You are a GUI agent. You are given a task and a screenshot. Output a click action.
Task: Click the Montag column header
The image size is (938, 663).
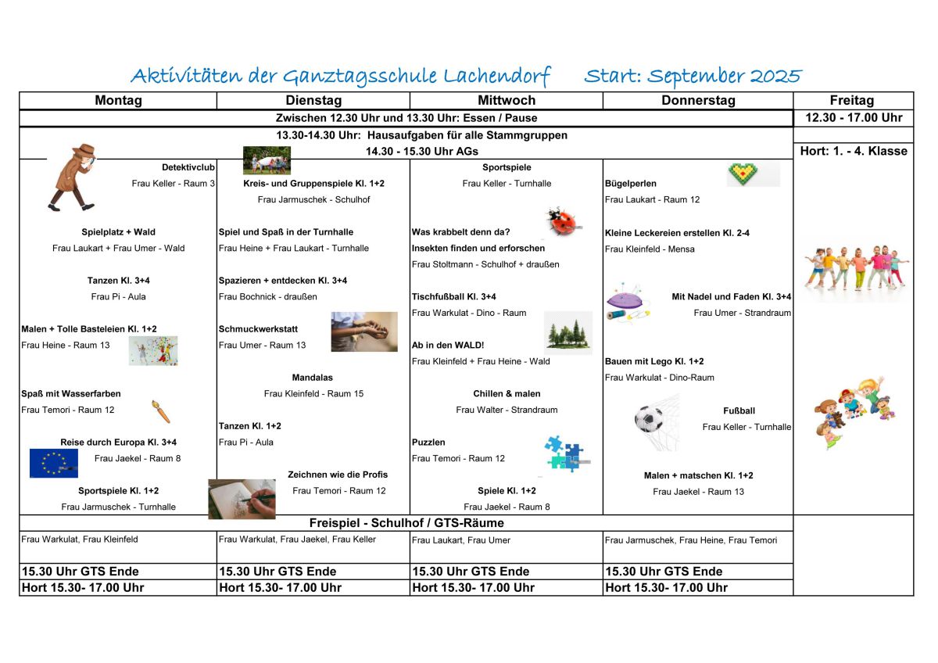click(x=118, y=101)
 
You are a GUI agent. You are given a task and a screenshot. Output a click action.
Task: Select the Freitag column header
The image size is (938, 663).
click(x=852, y=101)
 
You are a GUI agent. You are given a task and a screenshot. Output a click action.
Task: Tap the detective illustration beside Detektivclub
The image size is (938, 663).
click(x=73, y=177)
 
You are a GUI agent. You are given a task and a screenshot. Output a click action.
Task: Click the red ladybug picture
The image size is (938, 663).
click(x=564, y=222)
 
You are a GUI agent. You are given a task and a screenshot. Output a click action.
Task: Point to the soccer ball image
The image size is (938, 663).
click(x=649, y=420)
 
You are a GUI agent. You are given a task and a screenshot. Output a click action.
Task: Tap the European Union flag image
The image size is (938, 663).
click(x=53, y=463)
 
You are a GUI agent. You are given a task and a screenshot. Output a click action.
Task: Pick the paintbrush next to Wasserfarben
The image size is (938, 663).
click(x=161, y=411)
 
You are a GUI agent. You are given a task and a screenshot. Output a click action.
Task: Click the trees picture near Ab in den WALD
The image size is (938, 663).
click(x=567, y=334)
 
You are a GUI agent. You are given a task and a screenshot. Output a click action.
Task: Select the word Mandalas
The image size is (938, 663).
click(x=312, y=378)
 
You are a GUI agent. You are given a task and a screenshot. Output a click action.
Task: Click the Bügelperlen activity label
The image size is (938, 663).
click(x=630, y=184)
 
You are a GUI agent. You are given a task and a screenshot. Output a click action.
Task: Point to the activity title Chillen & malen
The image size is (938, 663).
click(x=507, y=394)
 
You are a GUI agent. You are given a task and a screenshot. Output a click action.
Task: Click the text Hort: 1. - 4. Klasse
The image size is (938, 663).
click(x=854, y=151)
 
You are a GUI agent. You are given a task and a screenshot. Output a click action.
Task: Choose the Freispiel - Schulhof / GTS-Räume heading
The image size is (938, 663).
click(x=406, y=523)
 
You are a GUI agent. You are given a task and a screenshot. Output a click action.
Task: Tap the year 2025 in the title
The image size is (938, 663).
click(x=775, y=77)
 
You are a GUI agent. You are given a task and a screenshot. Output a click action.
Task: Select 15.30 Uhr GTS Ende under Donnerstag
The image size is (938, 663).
click(x=664, y=572)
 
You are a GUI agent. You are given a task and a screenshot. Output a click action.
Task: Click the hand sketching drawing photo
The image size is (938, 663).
click(x=242, y=498)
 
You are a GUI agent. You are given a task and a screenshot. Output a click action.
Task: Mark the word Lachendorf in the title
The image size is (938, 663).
click(x=497, y=77)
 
